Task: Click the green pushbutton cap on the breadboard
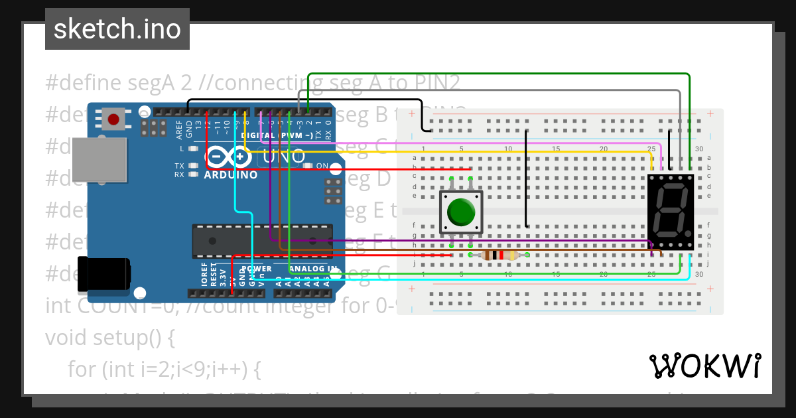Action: [461, 212]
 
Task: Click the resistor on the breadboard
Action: [499, 255]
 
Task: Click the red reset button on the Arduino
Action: [113, 119]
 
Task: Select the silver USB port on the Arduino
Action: [99, 160]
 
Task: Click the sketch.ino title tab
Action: [117, 29]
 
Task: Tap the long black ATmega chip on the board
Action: [261, 241]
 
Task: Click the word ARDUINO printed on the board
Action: [230, 175]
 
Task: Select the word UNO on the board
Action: [284, 157]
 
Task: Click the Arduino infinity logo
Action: [228, 157]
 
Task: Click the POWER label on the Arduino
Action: [256, 269]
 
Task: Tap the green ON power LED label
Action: [322, 166]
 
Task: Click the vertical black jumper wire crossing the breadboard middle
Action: [527, 179]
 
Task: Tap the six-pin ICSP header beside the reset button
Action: [157, 128]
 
